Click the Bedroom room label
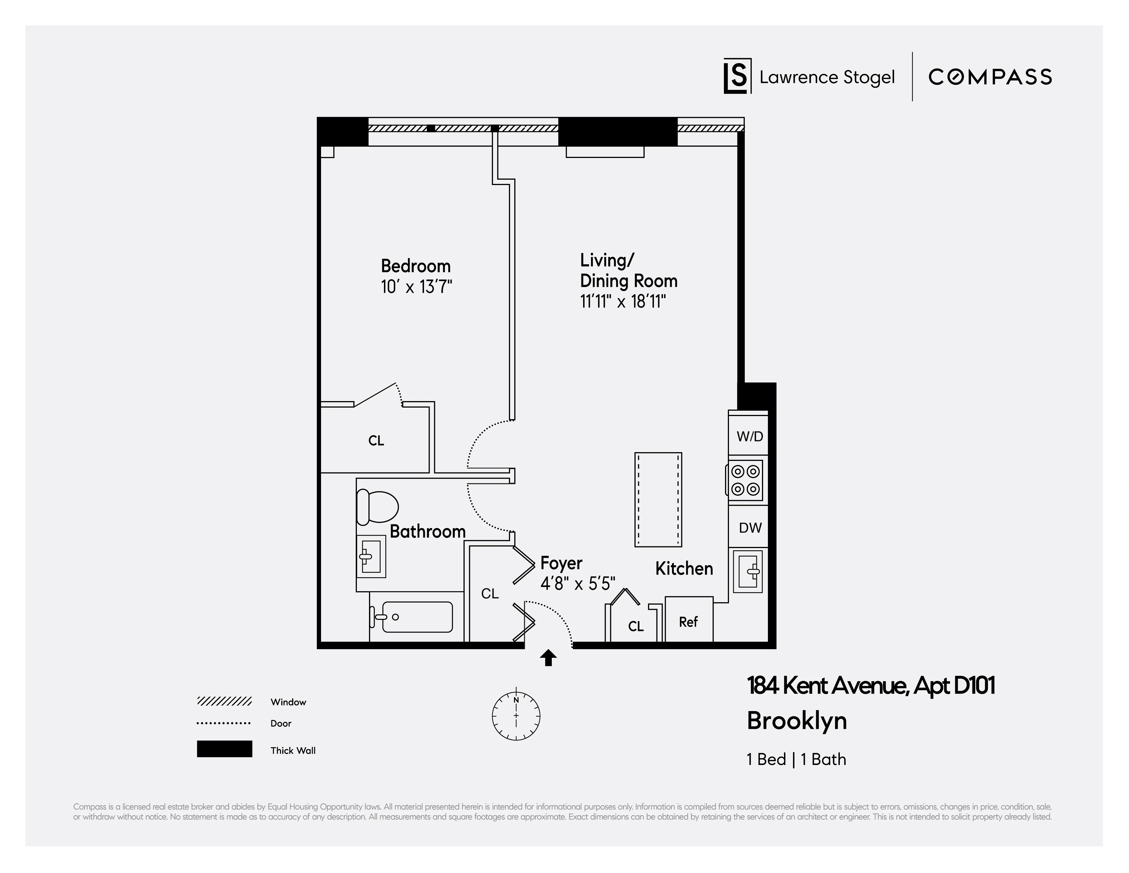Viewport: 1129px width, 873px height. pos(416,266)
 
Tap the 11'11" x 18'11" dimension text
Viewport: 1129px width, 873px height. pos(623,301)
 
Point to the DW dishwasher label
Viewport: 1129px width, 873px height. pos(750,528)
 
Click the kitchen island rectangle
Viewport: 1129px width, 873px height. pos(658,499)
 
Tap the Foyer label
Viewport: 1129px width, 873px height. pos(561,563)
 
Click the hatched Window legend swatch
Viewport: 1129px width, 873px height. pos(224,702)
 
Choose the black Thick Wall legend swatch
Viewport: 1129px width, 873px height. pos(224,749)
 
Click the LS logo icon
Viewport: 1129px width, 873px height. pos(737,76)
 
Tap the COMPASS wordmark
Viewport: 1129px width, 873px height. pos(989,77)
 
